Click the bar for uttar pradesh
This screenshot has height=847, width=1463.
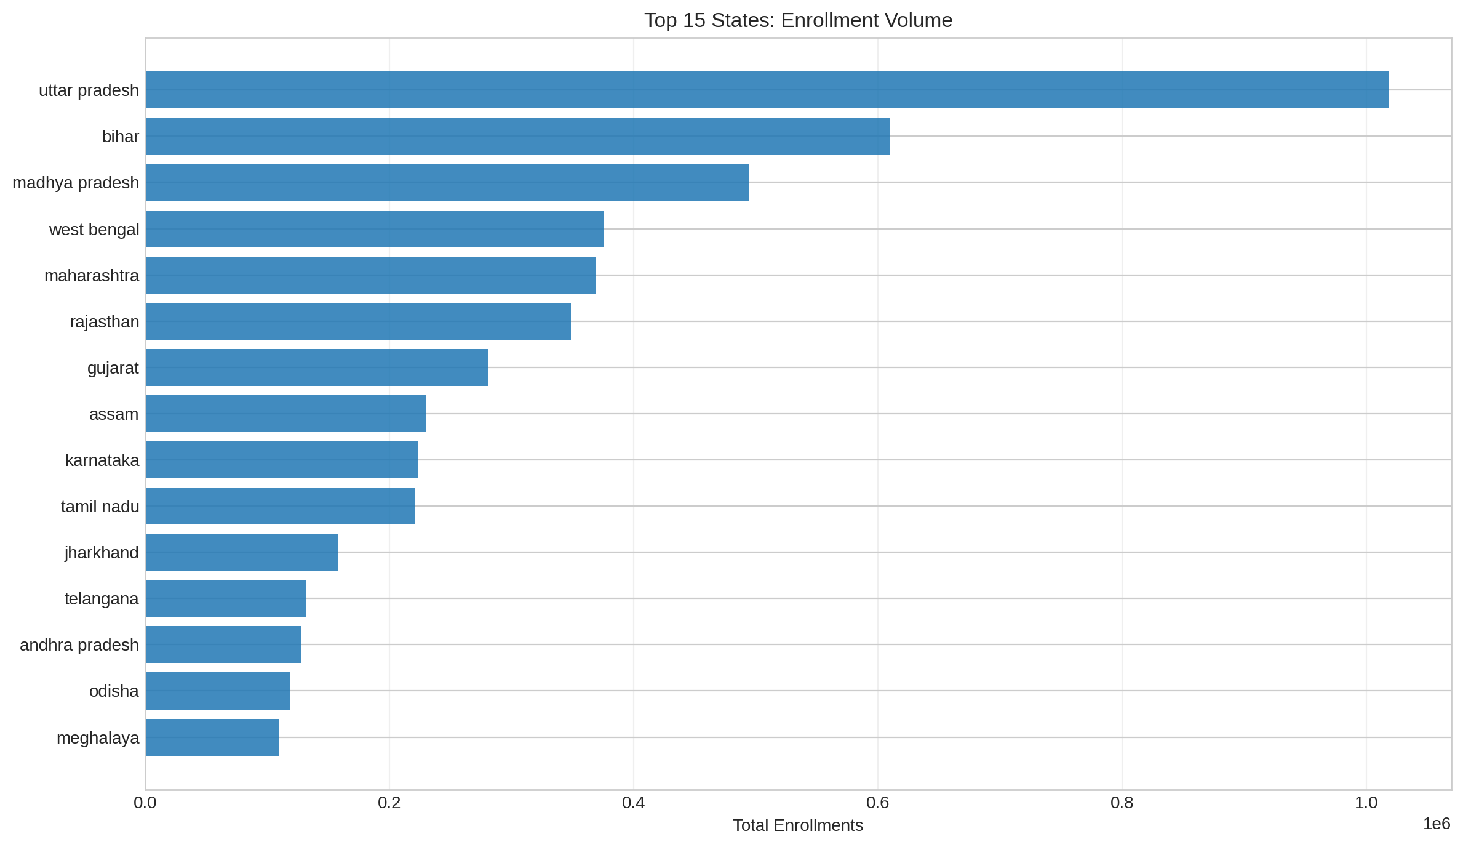767,90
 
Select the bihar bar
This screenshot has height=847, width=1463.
517,136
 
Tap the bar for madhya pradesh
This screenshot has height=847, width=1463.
447,182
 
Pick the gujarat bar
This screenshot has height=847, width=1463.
317,367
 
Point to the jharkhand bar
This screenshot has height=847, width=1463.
242,552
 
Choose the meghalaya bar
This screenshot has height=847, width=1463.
212,737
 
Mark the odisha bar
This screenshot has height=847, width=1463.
218,691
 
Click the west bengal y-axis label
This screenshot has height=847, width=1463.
94,230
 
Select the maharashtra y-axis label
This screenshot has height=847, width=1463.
92,276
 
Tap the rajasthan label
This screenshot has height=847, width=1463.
105,322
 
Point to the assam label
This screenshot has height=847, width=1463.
114,414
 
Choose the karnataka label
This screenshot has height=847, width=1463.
102,460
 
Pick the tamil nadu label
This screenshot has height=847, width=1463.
100,507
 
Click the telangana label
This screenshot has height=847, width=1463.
102,599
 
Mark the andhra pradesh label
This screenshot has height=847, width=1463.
79,645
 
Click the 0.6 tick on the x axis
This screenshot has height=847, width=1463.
878,803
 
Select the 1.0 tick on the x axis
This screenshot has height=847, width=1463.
1366,803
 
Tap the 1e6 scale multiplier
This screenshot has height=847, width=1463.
1437,824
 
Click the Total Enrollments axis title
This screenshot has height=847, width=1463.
798,825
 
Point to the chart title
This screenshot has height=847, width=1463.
798,20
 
